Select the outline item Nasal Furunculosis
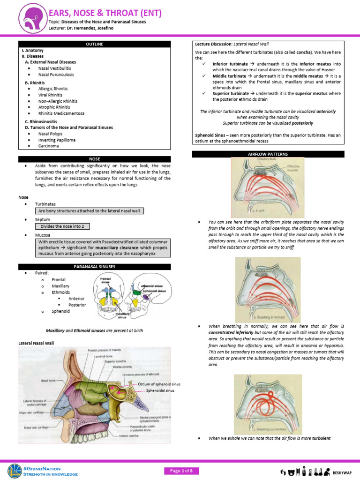click(x=56, y=75)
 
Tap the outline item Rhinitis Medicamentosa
click(x=62, y=113)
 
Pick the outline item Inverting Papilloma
click(x=57, y=140)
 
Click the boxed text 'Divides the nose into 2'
click(x=62, y=226)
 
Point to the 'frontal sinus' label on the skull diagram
click(x=106, y=281)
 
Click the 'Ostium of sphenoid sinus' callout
click(x=159, y=384)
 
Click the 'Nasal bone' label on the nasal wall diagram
click(x=48, y=381)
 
